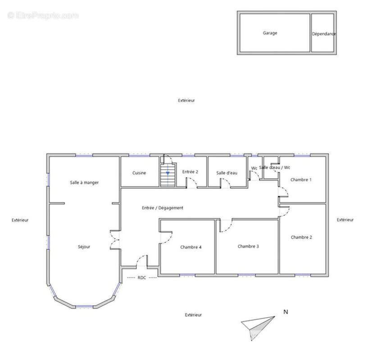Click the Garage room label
(x=270, y=33)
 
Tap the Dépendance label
(x=324, y=34)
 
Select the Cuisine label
(x=139, y=173)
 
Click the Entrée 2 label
(x=190, y=172)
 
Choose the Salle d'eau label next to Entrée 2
(x=227, y=173)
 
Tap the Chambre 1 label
(x=301, y=180)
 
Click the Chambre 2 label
(x=301, y=237)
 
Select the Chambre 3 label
(x=248, y=247)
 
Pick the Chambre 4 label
(x=191, y=247)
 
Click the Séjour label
(x=84, y=247)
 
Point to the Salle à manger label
(x=84, y=183)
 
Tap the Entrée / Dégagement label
(x=163, y=208)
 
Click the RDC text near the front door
(x=141, y=278)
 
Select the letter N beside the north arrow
(x=286, y=312)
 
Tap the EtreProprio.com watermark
(x=43, y=16)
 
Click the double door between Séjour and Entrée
(x=115, y=240)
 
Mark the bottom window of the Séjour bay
(x=84, y=307)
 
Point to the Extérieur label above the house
(x=186, y=100)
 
